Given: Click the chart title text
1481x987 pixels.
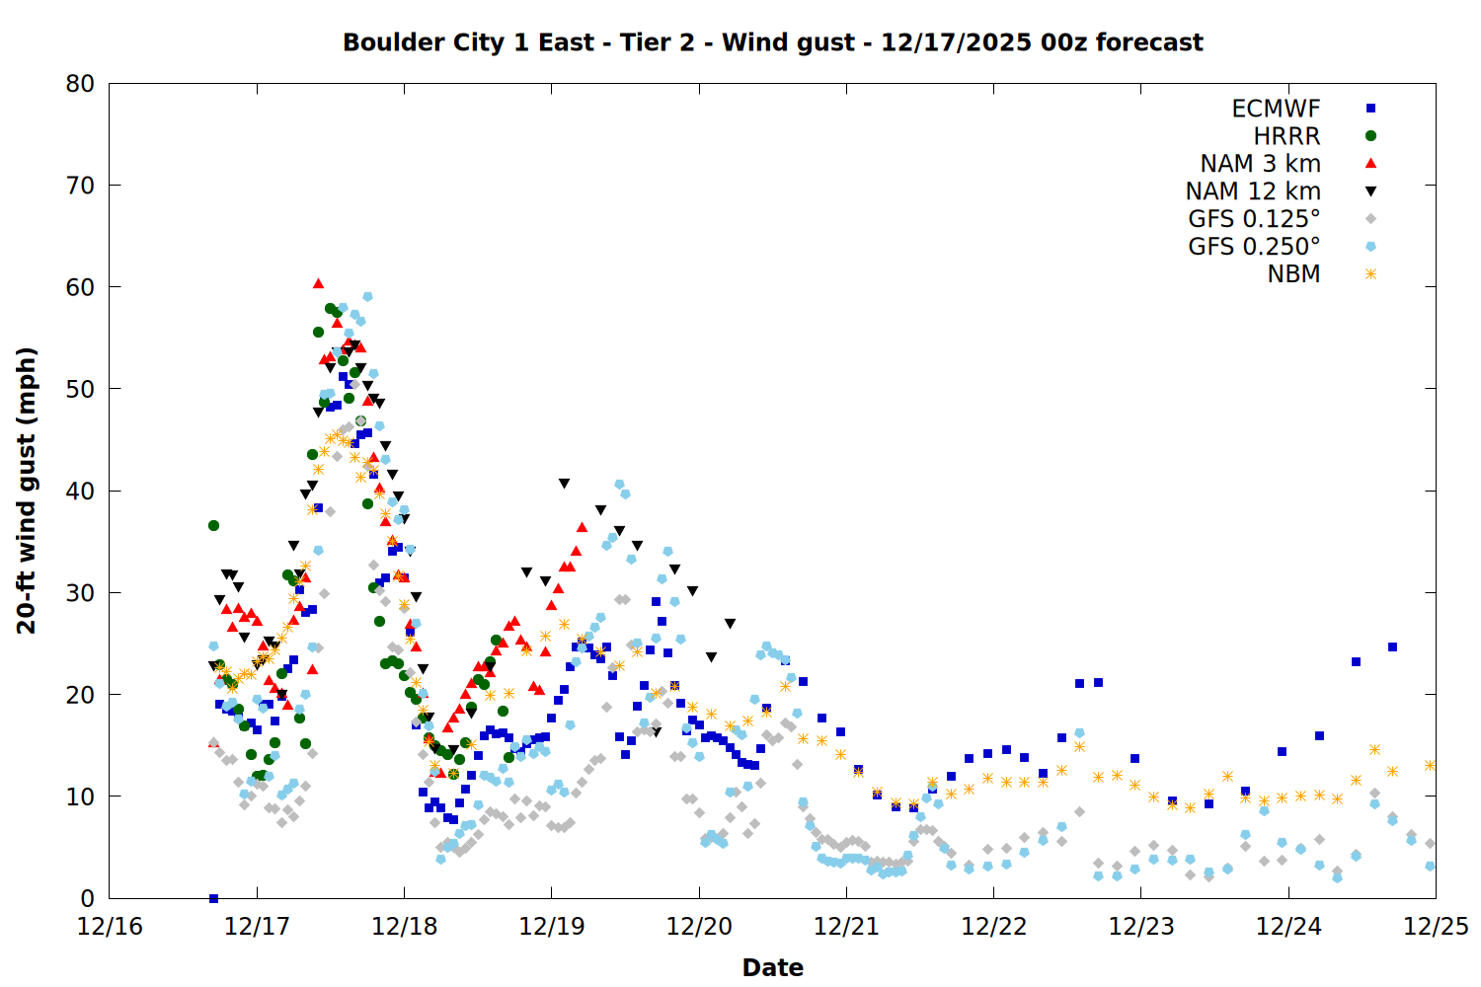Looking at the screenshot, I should [x=772, y=42].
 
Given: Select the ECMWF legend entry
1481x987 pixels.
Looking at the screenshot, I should [x=1276, y=109].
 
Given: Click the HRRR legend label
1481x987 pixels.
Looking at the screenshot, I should [x=1286, y=136].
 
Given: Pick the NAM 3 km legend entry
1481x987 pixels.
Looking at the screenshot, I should [x=1260, y=164].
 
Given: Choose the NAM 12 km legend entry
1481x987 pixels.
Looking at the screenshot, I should [x=1253, y=191].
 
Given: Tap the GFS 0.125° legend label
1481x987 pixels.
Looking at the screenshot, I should [x=1254, y=219].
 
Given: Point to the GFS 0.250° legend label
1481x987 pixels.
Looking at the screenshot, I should [x=1254, y=247].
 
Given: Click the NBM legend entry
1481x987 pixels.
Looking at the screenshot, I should [x=1293, y=274].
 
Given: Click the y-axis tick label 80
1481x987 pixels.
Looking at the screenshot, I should [x=80, y=84].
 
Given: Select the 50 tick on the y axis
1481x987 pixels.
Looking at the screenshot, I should [x=80, y=389].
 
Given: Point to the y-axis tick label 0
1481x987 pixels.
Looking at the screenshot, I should [x=88, y=898].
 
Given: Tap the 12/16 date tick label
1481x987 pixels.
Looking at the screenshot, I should [x=110, y=928].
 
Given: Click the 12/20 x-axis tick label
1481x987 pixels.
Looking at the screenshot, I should [x=699, y=928].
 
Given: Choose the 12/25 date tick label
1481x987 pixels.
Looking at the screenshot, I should [x=1436, y=928].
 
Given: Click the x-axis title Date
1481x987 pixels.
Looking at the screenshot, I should [x=772, y=967].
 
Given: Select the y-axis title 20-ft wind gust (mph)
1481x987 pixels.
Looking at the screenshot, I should [x=27, y=491].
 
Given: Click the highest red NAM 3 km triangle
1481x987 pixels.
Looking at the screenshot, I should [x=318, y=284].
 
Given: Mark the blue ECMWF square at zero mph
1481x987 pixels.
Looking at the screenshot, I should [x=213, y=898].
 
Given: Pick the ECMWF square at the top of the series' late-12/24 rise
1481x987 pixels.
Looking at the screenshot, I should [x=1392, y=647].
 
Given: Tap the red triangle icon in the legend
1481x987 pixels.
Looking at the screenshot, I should [x=1370, y=164].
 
